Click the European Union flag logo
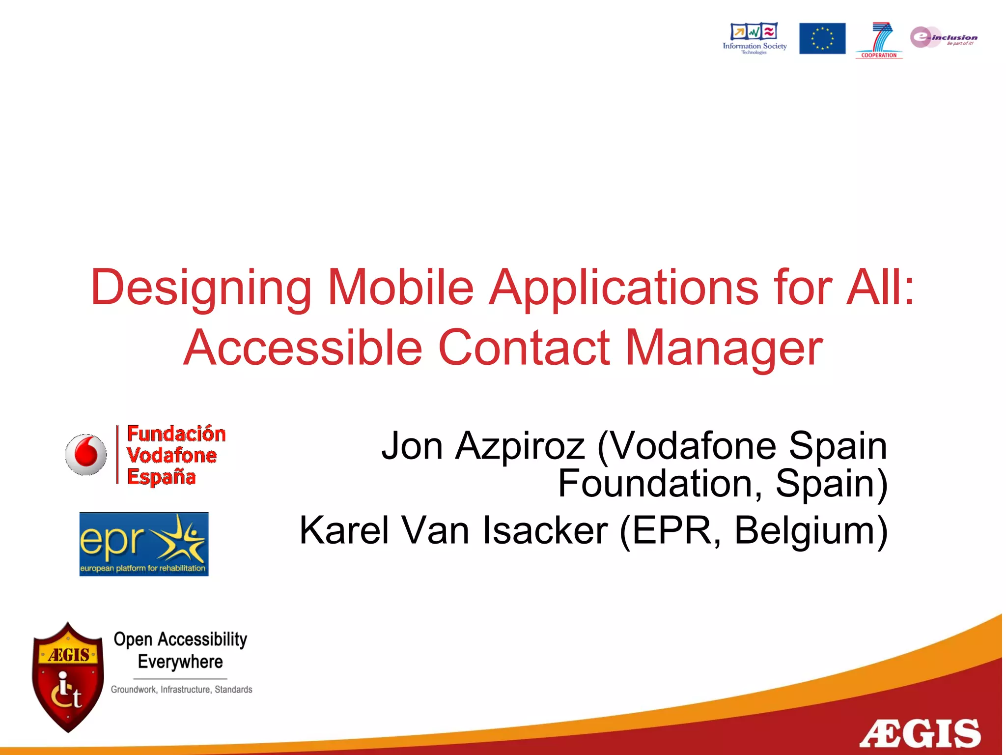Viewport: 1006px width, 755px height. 822,38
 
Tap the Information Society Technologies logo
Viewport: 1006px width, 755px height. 754,37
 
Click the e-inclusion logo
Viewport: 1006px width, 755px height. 943,37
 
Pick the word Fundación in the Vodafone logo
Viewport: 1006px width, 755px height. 176,434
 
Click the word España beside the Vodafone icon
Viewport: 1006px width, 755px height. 161,477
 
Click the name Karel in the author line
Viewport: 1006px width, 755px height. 344,530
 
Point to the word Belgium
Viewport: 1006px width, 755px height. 810,530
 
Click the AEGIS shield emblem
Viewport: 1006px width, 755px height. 68,677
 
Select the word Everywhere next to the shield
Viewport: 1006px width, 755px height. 180,662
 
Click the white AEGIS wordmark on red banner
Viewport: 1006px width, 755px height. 920,733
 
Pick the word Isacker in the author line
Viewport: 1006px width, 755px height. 545,530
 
